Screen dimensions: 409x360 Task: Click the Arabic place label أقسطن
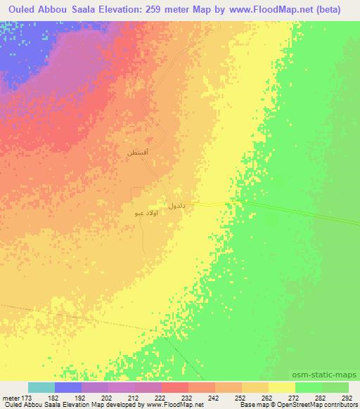pos(137,152)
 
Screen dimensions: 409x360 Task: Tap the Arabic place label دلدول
pos(176,205)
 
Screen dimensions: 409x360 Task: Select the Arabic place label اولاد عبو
pos(144,212)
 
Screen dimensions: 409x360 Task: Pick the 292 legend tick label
pos(346,398)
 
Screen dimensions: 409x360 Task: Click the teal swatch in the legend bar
pos(41,387)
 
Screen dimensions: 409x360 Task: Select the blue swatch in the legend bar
pos(68,387)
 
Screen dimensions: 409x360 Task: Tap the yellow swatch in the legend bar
pos(282,387)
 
